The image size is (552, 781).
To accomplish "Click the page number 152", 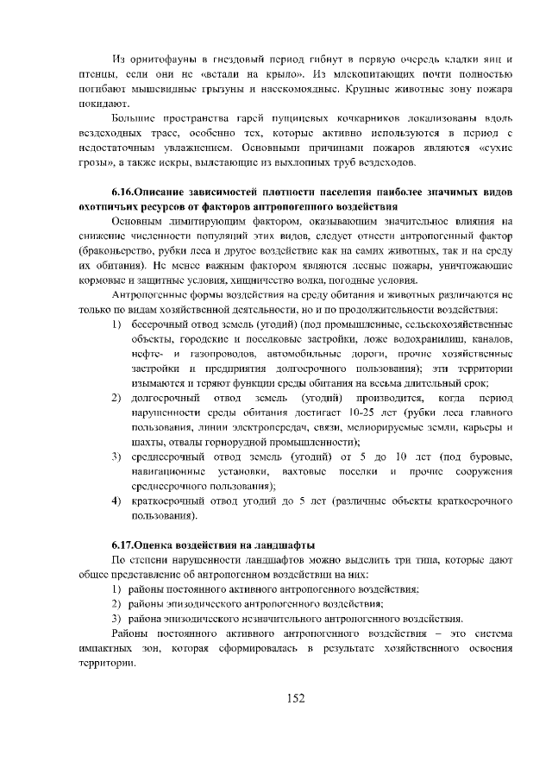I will pyautogui.click(x=297, y=698).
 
